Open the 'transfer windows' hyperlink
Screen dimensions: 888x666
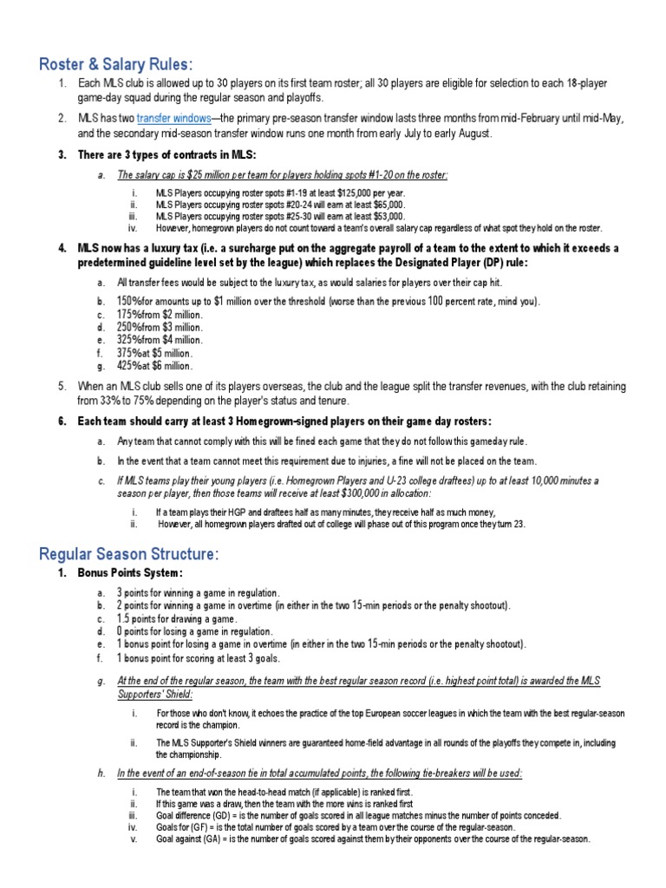(x=173, y=118)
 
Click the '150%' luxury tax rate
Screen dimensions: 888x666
(x=129, y=301)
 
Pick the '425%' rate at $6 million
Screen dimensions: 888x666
(x=129, y=366)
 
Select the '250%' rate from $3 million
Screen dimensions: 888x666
(x=129, y=327)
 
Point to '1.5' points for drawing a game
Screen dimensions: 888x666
(x=124, y=618)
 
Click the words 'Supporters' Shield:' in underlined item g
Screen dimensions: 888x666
(x=155, y=695)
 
